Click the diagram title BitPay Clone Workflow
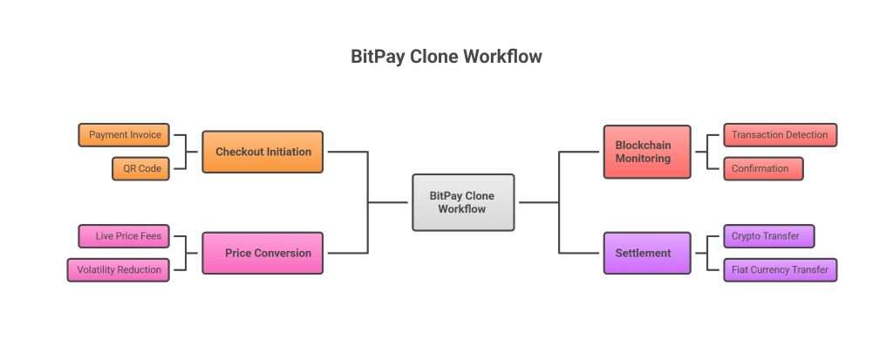(x=446, y=57)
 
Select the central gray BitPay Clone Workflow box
(x=463, y=202)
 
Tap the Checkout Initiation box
(x=262, y=152)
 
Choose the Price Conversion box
(x=262, y=253)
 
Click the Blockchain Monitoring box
(x=647, y=152)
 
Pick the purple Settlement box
(x=647, y=253)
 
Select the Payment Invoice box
(x=125, y=135)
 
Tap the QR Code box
(x=142, y=168)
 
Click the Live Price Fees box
(x=128, y=236)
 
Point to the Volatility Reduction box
(x=119, y=269)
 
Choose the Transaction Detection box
(x=780, y=135)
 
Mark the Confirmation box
(x=762, y=168)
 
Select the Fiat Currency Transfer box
(x=780, y=269)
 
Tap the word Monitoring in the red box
(x=644, y=159)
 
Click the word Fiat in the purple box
(x=739, y=269)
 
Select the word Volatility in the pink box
(x=96, y=269)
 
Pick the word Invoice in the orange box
(x=145, y=135)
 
